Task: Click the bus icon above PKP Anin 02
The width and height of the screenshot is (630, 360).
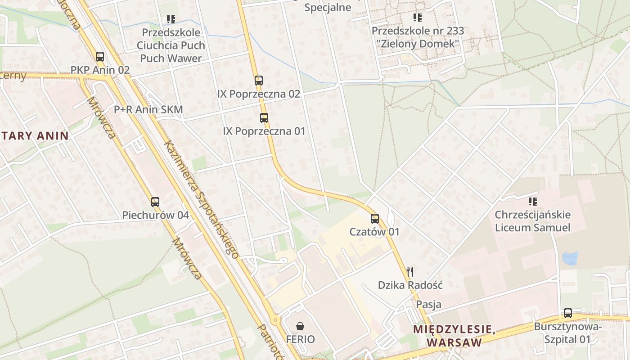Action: [100, 57]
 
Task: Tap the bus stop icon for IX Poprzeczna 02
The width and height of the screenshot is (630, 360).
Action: [258, 81]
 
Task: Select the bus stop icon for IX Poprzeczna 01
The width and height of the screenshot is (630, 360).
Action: [264, 118]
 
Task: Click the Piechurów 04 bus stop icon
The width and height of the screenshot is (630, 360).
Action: [155, 202]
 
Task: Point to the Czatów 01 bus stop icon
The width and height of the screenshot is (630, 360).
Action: [375, 219]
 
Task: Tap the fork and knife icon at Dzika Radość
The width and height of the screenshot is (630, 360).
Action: [409, 271]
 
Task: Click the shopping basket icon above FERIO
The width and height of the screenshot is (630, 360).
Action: [300, 326]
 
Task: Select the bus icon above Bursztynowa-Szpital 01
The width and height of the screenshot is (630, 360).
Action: [568, 313]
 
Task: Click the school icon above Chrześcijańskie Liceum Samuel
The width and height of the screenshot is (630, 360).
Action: [533, 201]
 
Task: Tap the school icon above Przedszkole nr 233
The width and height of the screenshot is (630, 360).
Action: [418, 18]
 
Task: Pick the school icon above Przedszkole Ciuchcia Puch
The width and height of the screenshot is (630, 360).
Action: [171, 19]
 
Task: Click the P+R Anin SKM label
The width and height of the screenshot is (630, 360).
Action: [148, 109]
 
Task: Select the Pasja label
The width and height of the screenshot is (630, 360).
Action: [428, 304]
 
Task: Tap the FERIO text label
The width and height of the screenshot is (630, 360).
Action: [300, 339]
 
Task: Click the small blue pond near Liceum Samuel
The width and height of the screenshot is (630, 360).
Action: [570, 258]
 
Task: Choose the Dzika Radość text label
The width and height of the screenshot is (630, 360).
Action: [410, 285]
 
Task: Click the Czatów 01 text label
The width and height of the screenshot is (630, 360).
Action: [374, 232]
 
